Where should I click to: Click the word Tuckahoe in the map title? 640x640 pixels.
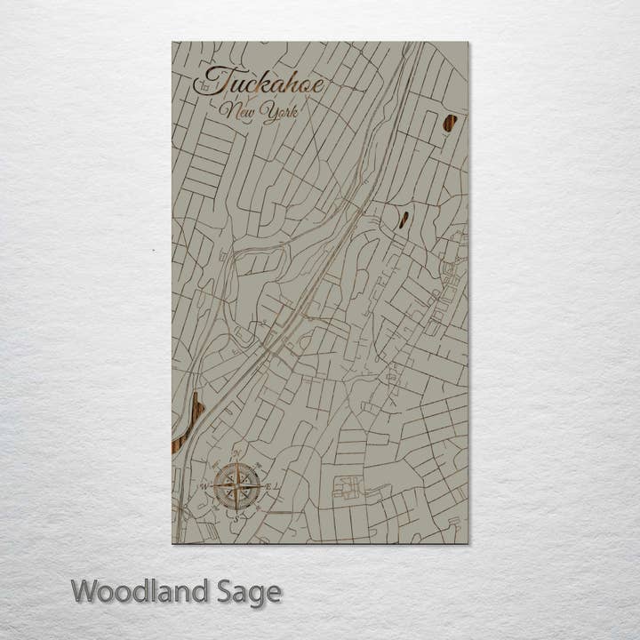(259, 84)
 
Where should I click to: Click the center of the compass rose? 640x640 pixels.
(237, 485)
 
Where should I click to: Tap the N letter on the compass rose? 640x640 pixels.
(237, 457)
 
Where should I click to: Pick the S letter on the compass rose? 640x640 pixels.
(237, 514)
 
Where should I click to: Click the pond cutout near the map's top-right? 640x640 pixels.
(450, 123)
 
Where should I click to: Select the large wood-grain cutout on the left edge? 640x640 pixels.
(188, 423)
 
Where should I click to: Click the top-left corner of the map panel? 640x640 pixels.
(172, 42)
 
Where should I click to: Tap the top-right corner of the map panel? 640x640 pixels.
(468, 42)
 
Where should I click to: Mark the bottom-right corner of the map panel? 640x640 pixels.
(468, 542)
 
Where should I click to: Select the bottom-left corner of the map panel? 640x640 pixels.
(172, 542)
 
